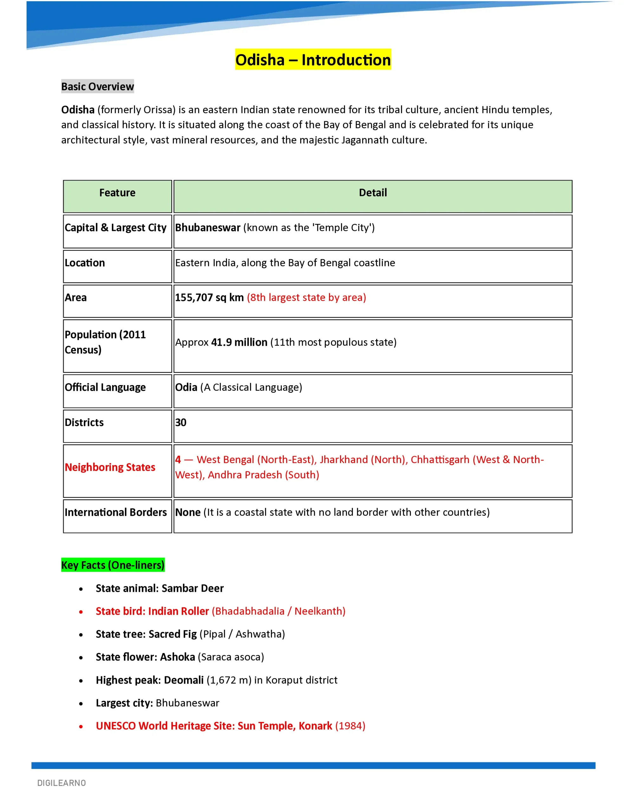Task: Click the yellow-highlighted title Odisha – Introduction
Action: pos(313,60)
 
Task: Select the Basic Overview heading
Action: pos(97,87)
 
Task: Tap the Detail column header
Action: pos(373,193)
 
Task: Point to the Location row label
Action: pos(85,263)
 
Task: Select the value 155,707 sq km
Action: pos(209,298)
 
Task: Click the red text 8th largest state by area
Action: pos(307,298)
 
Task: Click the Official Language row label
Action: pos(105,387)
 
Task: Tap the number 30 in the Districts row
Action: pos(181,422)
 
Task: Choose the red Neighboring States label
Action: pos(110,467)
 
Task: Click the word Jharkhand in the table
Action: pos(343,460)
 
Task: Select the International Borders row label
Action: pos(116,512)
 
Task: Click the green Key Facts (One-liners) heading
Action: pos(113,565)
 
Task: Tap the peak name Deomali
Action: pos(184,680)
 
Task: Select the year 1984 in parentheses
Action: pos(350,726)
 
